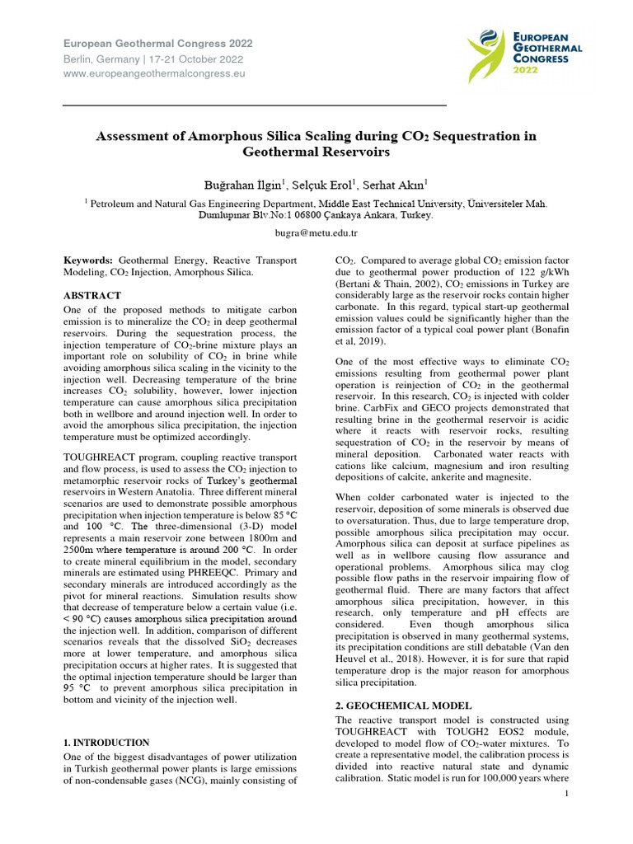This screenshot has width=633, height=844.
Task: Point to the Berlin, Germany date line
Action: point(153,59)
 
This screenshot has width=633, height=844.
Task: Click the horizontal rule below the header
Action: point(255,105)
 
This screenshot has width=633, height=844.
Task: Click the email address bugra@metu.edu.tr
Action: point(316,233)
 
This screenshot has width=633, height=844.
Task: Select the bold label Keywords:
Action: point(90,259)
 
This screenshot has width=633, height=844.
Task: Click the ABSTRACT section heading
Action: point(92,295)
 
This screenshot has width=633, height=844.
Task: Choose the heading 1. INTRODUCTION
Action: point(107,743)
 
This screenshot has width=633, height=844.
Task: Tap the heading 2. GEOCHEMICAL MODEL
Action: point(404,706)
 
